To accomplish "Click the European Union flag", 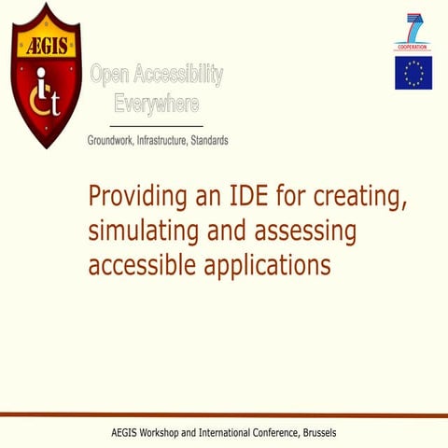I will click(413, 73).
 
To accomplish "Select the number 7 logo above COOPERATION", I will click(413, 27).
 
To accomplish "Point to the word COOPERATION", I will click(413, 46).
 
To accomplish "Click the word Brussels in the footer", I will click(315, 433).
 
